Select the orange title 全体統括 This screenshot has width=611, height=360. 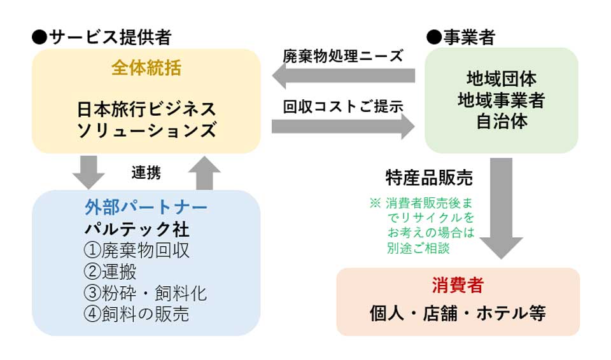[x=146, y=68]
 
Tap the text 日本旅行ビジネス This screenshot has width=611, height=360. [x=146, y=109]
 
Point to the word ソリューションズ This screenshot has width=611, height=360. [x=146, y=130]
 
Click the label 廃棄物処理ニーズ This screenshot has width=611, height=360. [x=343, y=56]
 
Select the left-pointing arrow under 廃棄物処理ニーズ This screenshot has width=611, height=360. [x=343, y=76]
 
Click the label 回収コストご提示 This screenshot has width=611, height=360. [x=343, y=106]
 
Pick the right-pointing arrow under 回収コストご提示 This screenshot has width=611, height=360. [x=343, y=127]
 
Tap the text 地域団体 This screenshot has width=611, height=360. [x=502, y=79]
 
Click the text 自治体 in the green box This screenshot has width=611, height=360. [x=502, y=121]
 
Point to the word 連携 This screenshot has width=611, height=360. [x=146, y=172]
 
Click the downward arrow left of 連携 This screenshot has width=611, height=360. [x=88, y=172]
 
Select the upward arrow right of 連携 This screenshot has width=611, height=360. [x=204, y=174]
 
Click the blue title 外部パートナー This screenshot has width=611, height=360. [x=146, y=207]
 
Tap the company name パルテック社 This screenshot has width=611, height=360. [x=137, y=229]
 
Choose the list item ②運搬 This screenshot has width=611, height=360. [x=110, y=272]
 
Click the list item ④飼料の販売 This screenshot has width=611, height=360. [x=136, y=314]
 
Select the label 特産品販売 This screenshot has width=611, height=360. [x=429, y=177]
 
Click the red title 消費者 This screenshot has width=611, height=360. [x=458, y=285]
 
